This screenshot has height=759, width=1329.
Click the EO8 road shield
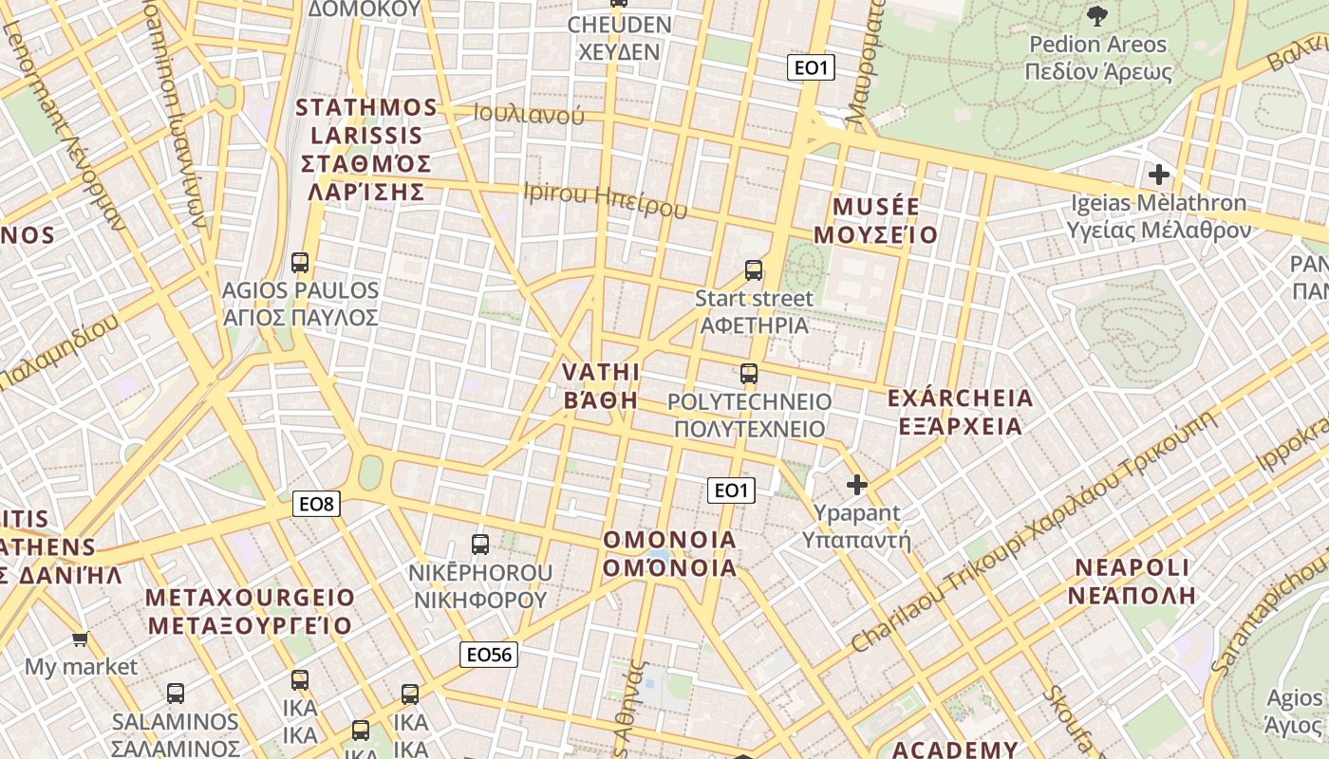[316, 504]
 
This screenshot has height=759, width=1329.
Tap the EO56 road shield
[489, 654]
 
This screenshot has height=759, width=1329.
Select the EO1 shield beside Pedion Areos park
[811, 67]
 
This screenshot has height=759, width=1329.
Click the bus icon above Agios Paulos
[300, 262]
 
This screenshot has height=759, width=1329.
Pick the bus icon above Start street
[754, 270]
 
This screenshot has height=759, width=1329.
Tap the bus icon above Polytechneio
[749, 373]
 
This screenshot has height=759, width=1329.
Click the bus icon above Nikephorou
[480, 545]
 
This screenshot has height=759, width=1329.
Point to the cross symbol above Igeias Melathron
[1158, 175]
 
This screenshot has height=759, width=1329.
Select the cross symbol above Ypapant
[856, 486]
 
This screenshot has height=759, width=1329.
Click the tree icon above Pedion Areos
[1097, 15]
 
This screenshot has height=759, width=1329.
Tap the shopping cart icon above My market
[81, 639]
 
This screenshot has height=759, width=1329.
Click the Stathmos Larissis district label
[366, 149]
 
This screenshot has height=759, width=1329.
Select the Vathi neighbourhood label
[601, 385]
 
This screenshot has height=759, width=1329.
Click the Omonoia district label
[670, 554]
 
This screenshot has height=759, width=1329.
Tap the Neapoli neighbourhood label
[1132, 582]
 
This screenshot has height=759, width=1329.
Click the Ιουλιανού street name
[529, 116]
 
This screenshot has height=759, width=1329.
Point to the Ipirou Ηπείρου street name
[605, 199]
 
